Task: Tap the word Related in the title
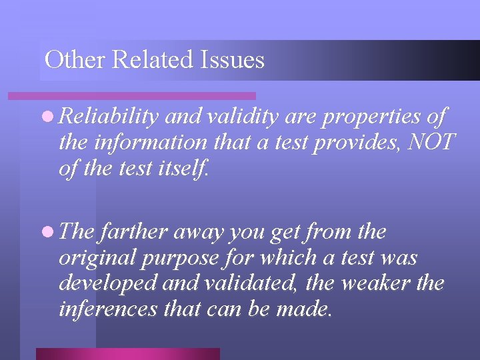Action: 155,60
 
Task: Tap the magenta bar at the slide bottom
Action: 127,353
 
